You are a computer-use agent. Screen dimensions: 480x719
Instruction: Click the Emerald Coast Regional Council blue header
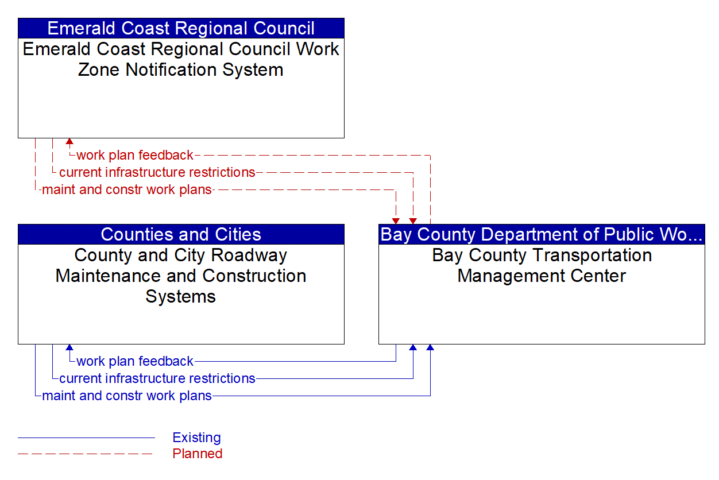pyautogui.click(x=181, y=28)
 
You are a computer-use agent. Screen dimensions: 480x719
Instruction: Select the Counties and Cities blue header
pyautogui.click(x=181, y=234)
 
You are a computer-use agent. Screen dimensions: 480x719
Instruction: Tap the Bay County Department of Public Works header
pyautogui.click(x=542, y=234)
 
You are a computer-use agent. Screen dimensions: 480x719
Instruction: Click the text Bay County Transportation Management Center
pyautogui.click(x=542, y=265)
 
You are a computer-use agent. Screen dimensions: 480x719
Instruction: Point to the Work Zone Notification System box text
pyautogui.click(x=181, y=59)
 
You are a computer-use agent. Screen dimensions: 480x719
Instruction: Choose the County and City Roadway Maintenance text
pyautogui.click(x=181, y=276)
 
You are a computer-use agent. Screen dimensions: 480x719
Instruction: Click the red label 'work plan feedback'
pyautogui.click(x=135, y=155)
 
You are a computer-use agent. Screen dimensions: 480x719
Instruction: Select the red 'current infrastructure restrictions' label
pyautogui.click(x=157, y=172)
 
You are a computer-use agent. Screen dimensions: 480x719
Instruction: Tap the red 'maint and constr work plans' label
pyautogui.click(x=127, y=189)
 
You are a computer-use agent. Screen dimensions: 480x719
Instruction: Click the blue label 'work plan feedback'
pyautogui.click(x=135, y=361)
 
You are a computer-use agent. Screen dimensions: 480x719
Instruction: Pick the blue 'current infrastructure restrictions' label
pyautogui.click(x=157, y=378)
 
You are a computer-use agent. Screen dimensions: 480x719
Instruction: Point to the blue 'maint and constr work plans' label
pyautogui.click(x=127, y=396)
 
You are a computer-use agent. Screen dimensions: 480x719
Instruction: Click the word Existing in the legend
pyautogui.click(x=196, y=438)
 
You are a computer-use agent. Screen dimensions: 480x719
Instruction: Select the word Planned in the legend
pyautogui.click(x=197, y=454)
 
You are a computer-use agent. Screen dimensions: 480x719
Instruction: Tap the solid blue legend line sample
pyautogui.click(x=86, y=438)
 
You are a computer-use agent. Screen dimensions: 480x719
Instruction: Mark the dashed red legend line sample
pyautogui.click(x=86, y=454)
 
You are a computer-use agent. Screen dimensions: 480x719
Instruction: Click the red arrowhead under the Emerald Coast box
pyautogui.click(x=69, y=141)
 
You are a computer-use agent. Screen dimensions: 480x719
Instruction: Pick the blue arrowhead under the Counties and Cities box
pyautogui.click(x=69, y=347)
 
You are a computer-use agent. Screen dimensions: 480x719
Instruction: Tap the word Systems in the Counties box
pyautogui.click(x=181, y=296)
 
